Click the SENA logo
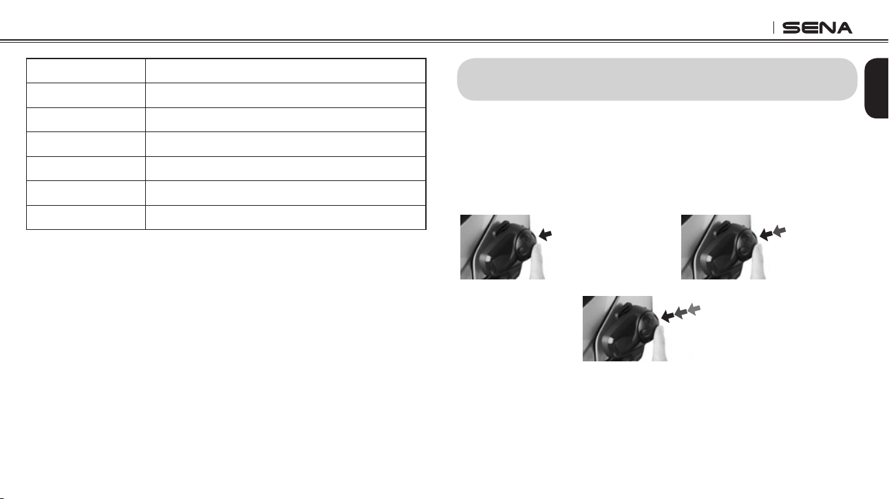[817, 28]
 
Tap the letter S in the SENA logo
[791, 28]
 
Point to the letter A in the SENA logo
[843, 28]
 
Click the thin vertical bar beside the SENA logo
[773, 28]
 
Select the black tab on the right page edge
[877, 88]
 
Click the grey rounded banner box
[657, 79]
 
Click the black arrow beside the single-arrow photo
[546, 235]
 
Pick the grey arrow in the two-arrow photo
[780, 231]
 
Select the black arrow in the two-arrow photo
[766, 235]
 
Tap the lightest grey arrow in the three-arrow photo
[694, 309]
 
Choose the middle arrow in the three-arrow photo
[681, 312]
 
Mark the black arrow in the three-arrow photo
[667, 317]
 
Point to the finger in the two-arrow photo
[758, 262]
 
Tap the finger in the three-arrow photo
[660, 343]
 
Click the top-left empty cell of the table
[86, 71]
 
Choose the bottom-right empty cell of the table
[286, 217]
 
